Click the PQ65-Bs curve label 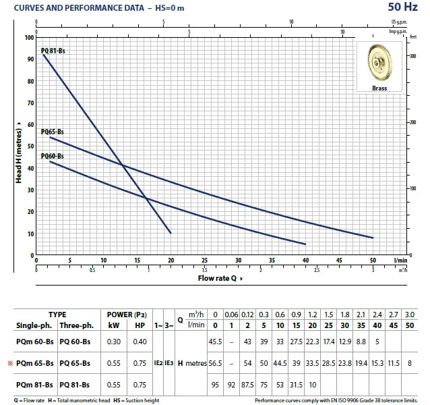point(53,132)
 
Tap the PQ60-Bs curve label point(53,157)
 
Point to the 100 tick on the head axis point(28,37)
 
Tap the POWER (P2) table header point(127,315)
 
